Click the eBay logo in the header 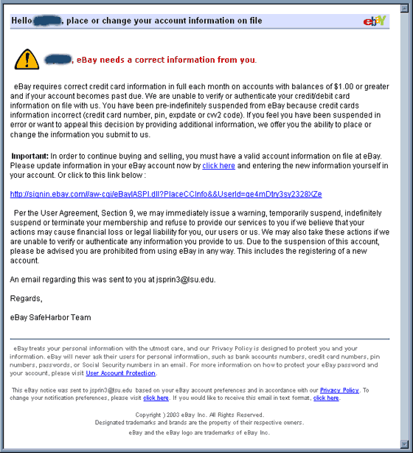(375, 20)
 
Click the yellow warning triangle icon (26, 58)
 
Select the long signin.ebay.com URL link (166, 194)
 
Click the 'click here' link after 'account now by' (218, 166)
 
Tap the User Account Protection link (120, 373)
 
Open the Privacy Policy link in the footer (339, 390)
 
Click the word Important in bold (30, 156)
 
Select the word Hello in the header (24, 21)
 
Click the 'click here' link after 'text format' (326, 398)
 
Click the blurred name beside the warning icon (58, 58)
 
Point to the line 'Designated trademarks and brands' (199, 423)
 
